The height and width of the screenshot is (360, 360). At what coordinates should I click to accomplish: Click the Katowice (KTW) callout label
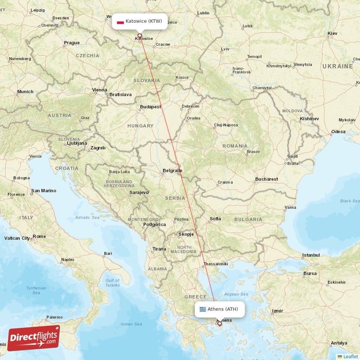click(x=139, y=21)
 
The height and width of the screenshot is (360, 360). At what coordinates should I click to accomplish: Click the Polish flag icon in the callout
click(x=120, y=22)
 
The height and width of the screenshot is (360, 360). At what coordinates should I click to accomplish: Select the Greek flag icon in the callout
click(x=203, y=309)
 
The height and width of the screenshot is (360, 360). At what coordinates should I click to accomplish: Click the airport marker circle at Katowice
click(x=139, y=36)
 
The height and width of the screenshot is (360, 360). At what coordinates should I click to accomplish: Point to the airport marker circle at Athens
click(x=220, y=323)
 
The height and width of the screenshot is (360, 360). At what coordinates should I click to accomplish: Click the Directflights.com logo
click(x=33, y=337)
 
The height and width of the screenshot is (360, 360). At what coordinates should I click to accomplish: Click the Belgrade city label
click(x=173, y=171)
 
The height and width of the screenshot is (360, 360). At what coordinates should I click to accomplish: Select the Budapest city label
click(x=150, y=107)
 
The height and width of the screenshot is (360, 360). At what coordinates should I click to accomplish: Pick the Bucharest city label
click(x=266, y=179)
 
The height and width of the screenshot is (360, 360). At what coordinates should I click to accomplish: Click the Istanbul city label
click(x=310, y=255)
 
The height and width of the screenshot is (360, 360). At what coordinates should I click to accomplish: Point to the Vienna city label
click(x=99, y=90)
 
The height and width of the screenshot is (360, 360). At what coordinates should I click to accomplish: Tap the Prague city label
click(x=72, y=43)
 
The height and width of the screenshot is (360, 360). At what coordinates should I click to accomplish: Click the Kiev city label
click(x=333, y=34)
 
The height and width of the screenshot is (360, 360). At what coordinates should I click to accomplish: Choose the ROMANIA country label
click(x=234, y=146)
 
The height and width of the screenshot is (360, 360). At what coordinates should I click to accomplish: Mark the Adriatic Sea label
click(x=88, y=217)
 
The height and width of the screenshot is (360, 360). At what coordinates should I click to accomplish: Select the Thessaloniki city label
click(x=216, y=264)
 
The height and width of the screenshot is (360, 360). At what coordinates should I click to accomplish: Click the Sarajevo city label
click(x=139, y=193)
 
